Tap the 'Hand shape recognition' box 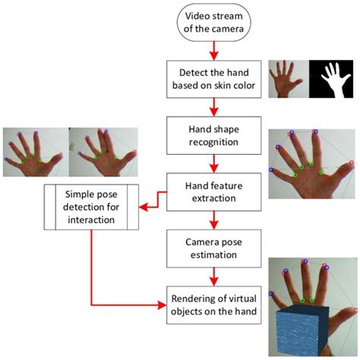(213, 134)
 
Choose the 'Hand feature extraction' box (213, 191)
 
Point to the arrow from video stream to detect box (213, 51)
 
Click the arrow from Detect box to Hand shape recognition (213, 107)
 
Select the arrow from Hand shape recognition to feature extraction (213, 163)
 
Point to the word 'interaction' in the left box (90, 219)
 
